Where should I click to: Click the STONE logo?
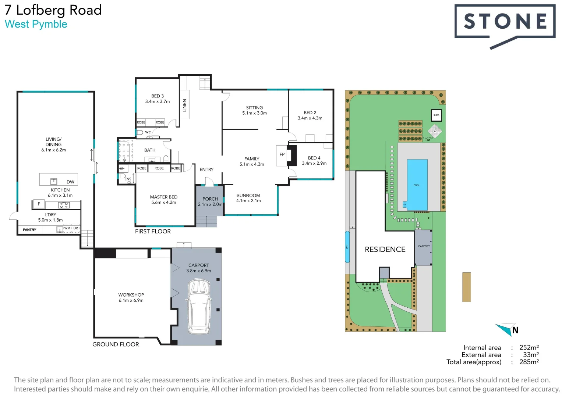505,22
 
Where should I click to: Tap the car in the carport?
198,307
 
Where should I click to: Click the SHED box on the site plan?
436,115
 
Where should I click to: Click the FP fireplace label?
282,155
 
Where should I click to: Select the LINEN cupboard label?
184,105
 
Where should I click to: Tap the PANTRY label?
29,230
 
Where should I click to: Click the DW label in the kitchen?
70,182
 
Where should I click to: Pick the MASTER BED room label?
163,197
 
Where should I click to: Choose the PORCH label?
210,199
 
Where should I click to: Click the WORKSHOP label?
131,295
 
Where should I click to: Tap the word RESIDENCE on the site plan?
385,250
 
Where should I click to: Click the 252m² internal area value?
529,347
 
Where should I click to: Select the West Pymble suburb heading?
36,24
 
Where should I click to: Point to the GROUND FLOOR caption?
116,344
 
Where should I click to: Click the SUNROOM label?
248,196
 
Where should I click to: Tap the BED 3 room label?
157,96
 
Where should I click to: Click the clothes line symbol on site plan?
435,131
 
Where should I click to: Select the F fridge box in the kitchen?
39,204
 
